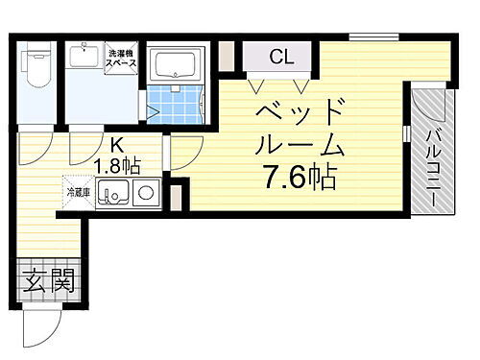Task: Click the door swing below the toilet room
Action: [x=35, y=147]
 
